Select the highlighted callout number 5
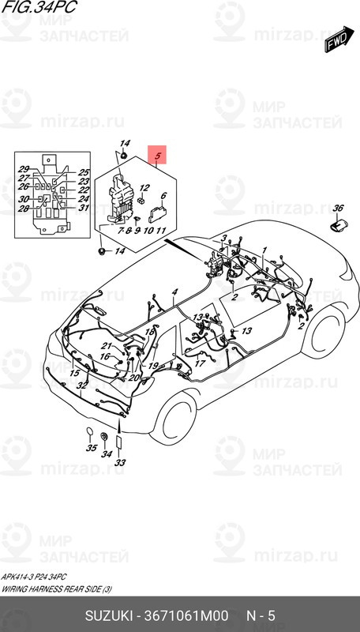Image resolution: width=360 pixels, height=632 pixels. point(158,156)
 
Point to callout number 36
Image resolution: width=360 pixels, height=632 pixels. point(338,209)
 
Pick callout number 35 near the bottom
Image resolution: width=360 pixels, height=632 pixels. point(92,449)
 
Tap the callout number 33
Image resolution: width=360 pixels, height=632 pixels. point(120,463)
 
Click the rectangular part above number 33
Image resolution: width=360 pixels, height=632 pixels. point(119,442)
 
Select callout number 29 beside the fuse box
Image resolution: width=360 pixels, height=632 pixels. point(24,170)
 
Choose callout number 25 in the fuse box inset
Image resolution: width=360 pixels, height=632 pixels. point(84,172)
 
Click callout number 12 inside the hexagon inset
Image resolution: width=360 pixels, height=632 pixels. point(144,188)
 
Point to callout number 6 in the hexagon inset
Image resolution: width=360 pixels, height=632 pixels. point(163,196)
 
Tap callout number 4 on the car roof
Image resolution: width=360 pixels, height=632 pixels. point(174,292)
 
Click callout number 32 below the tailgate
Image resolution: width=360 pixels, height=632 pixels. point(82,386)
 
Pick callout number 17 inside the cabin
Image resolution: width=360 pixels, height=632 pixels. point(200,363)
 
